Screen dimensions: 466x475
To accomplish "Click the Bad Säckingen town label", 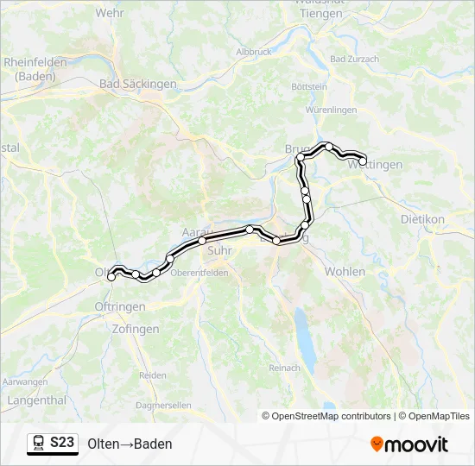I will [138, 84].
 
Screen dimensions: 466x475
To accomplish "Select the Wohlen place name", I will [345, 271].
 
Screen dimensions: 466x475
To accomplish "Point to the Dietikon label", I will [422, 219].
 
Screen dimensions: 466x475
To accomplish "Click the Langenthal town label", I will [35, 400].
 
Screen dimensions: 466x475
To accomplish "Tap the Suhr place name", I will [219, 250].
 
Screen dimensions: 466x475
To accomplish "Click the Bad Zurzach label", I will [355, 60].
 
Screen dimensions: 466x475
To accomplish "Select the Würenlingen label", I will [331, 110].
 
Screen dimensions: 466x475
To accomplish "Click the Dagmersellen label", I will [164, 404].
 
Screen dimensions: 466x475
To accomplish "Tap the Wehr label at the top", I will [110, 13].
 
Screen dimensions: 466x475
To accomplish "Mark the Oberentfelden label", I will [199, 273].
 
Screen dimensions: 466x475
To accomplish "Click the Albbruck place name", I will [253, 52].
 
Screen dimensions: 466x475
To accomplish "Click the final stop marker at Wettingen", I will [363, 161].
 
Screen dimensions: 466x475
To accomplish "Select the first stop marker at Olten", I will [111, 277].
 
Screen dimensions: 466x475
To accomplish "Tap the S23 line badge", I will [53, 443].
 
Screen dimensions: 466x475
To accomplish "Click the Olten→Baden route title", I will [130, 444].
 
